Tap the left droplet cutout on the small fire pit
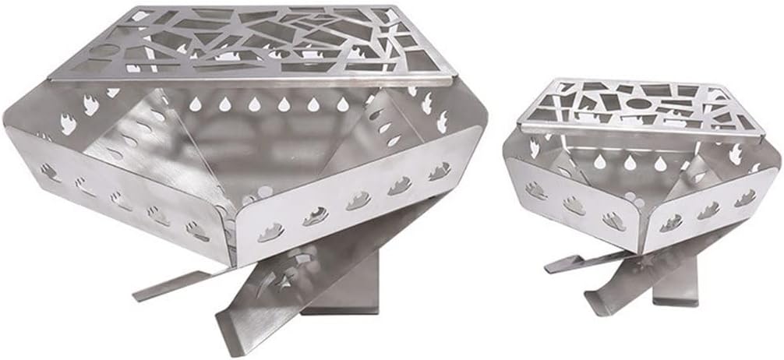pos(599,161)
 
